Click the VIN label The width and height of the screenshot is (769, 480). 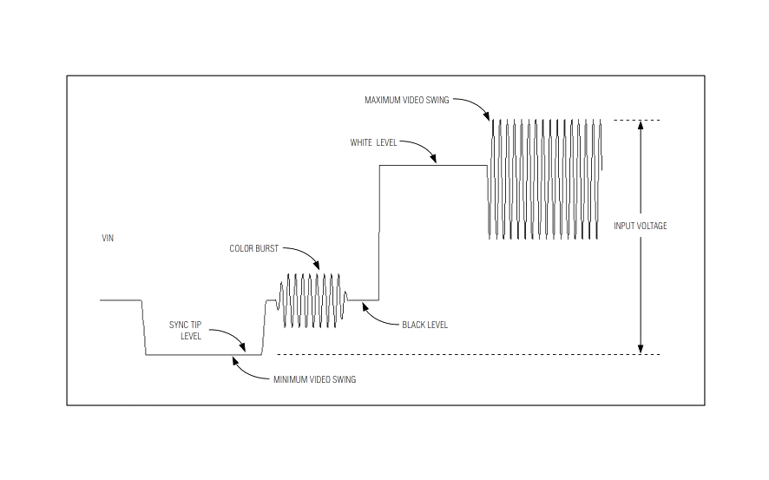coord(108,239)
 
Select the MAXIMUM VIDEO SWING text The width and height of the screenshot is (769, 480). coord(406,100)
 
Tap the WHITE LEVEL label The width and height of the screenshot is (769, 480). coord(373,142)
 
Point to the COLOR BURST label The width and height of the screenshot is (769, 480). coord(253,248)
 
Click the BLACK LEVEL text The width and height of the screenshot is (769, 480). coord(424,325)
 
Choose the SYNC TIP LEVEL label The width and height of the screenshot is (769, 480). coord(186,331)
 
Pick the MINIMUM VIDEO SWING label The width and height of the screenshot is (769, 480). coord(314,379)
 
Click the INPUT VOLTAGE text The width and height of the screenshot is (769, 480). coord(640,226)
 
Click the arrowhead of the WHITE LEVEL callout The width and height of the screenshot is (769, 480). coord(433,158)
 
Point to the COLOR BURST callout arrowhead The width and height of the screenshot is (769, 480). coord(317,266)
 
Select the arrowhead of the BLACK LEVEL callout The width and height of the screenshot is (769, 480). coord(365,306)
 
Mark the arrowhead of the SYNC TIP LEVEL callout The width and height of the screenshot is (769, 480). coord(242,346)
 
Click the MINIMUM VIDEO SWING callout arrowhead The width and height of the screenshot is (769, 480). coord(235,361)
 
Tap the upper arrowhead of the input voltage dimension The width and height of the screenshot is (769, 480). coord(640,125)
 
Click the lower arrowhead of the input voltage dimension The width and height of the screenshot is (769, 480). coord(640,349)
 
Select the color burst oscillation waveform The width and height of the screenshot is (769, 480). coord(312,300)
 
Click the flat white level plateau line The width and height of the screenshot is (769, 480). coord(433,166)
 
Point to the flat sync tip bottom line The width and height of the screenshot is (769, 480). coord(203,354)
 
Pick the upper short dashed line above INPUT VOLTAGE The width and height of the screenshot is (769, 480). coord(636,120)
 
